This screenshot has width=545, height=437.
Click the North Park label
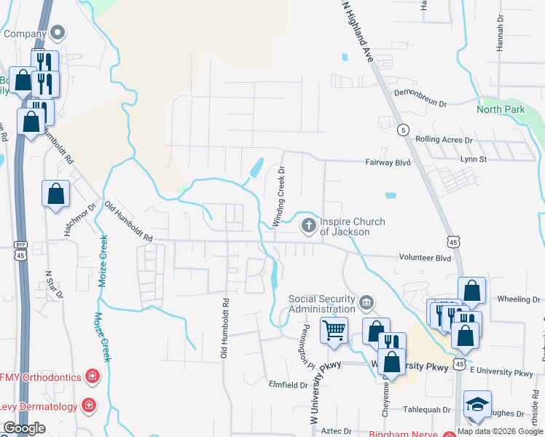(x=501, y=109)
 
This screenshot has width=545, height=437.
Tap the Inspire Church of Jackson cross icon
(x=309, y=225)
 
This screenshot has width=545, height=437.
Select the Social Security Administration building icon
(x=366, y=301)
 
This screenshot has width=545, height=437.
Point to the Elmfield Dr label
(x=289, y=385)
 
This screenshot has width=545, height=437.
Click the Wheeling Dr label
(x=518, y=299)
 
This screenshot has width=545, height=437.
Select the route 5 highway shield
(x=402, y=130)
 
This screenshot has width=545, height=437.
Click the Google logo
(x=24, y=428)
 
